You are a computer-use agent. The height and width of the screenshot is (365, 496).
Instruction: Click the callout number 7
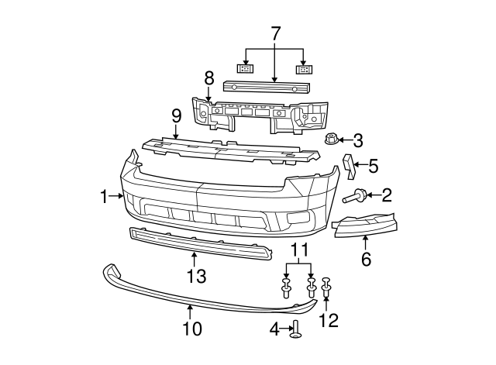tap(276, 33)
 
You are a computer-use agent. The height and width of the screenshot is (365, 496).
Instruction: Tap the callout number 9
tap(176, 116)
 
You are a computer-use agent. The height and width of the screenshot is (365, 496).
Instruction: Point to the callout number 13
tap(196, 276)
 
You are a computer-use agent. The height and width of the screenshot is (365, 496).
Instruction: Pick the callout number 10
tap(192, 329)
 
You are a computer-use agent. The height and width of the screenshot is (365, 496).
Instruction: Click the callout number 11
tap(299, 250)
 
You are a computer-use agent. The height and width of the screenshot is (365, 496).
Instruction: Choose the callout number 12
tap(329, 320)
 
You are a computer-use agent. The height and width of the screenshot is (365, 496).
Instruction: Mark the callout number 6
tap(366, 260)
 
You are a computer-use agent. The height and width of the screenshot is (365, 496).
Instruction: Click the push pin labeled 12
tap(326, 287)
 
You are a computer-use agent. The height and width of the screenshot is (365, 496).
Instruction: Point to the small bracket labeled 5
tap(350, 167)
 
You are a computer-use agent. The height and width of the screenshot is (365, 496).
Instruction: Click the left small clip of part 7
tap(246, 69)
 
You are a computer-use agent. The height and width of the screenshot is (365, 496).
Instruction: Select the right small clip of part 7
tap(304, 69)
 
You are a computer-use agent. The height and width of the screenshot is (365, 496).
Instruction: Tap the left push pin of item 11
tap(286, 288)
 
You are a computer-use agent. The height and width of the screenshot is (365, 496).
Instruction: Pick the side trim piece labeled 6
tap(364, 225)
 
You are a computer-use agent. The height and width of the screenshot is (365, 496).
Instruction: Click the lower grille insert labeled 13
tap(201, 243)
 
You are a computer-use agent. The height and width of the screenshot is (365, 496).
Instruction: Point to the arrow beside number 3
tap(345, 139)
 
